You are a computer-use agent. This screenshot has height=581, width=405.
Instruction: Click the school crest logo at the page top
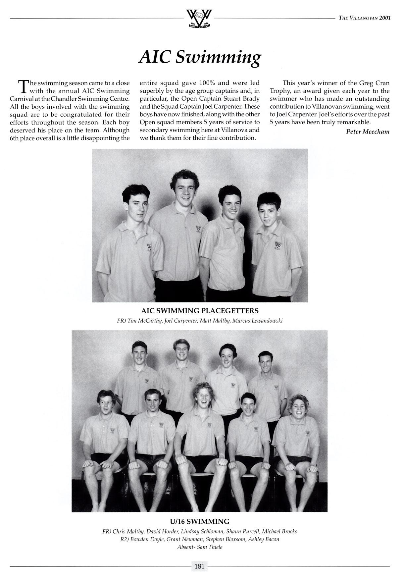tap(199, 19)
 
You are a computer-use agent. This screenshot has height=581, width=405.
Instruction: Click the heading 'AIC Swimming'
tap(200, 58)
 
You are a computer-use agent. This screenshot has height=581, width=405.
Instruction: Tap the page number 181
tap(199, 566)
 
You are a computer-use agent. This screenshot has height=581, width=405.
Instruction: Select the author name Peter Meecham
tap(368, 132)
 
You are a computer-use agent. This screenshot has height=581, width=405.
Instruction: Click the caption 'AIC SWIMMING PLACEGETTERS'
tap(200, 311)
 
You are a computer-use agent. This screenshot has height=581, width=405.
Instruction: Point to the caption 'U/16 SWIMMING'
tap(199, 521)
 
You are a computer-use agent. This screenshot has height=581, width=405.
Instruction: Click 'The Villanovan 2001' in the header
tap(365, 18)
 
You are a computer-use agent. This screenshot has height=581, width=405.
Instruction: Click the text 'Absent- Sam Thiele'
tap(200, 547)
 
